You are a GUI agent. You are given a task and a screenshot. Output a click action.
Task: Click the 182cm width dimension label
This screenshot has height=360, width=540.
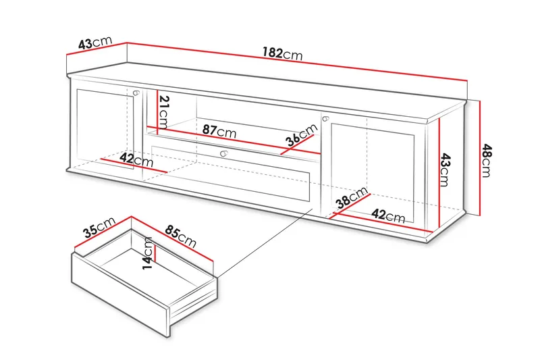click(283, 54)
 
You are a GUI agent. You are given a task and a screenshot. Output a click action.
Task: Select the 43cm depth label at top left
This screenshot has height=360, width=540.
click(94, 44)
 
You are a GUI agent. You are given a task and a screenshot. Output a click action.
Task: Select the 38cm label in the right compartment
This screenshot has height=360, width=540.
click(352, 199)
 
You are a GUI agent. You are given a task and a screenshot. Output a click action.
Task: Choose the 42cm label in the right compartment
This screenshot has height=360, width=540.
click(389, 216)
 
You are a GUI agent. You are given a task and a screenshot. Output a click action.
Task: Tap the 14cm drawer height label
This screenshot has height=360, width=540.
click(148, 253)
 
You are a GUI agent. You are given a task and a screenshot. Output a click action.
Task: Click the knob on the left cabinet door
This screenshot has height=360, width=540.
click(136, 93)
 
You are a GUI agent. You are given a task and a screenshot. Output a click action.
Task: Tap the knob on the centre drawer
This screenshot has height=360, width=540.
click(223, 154)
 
